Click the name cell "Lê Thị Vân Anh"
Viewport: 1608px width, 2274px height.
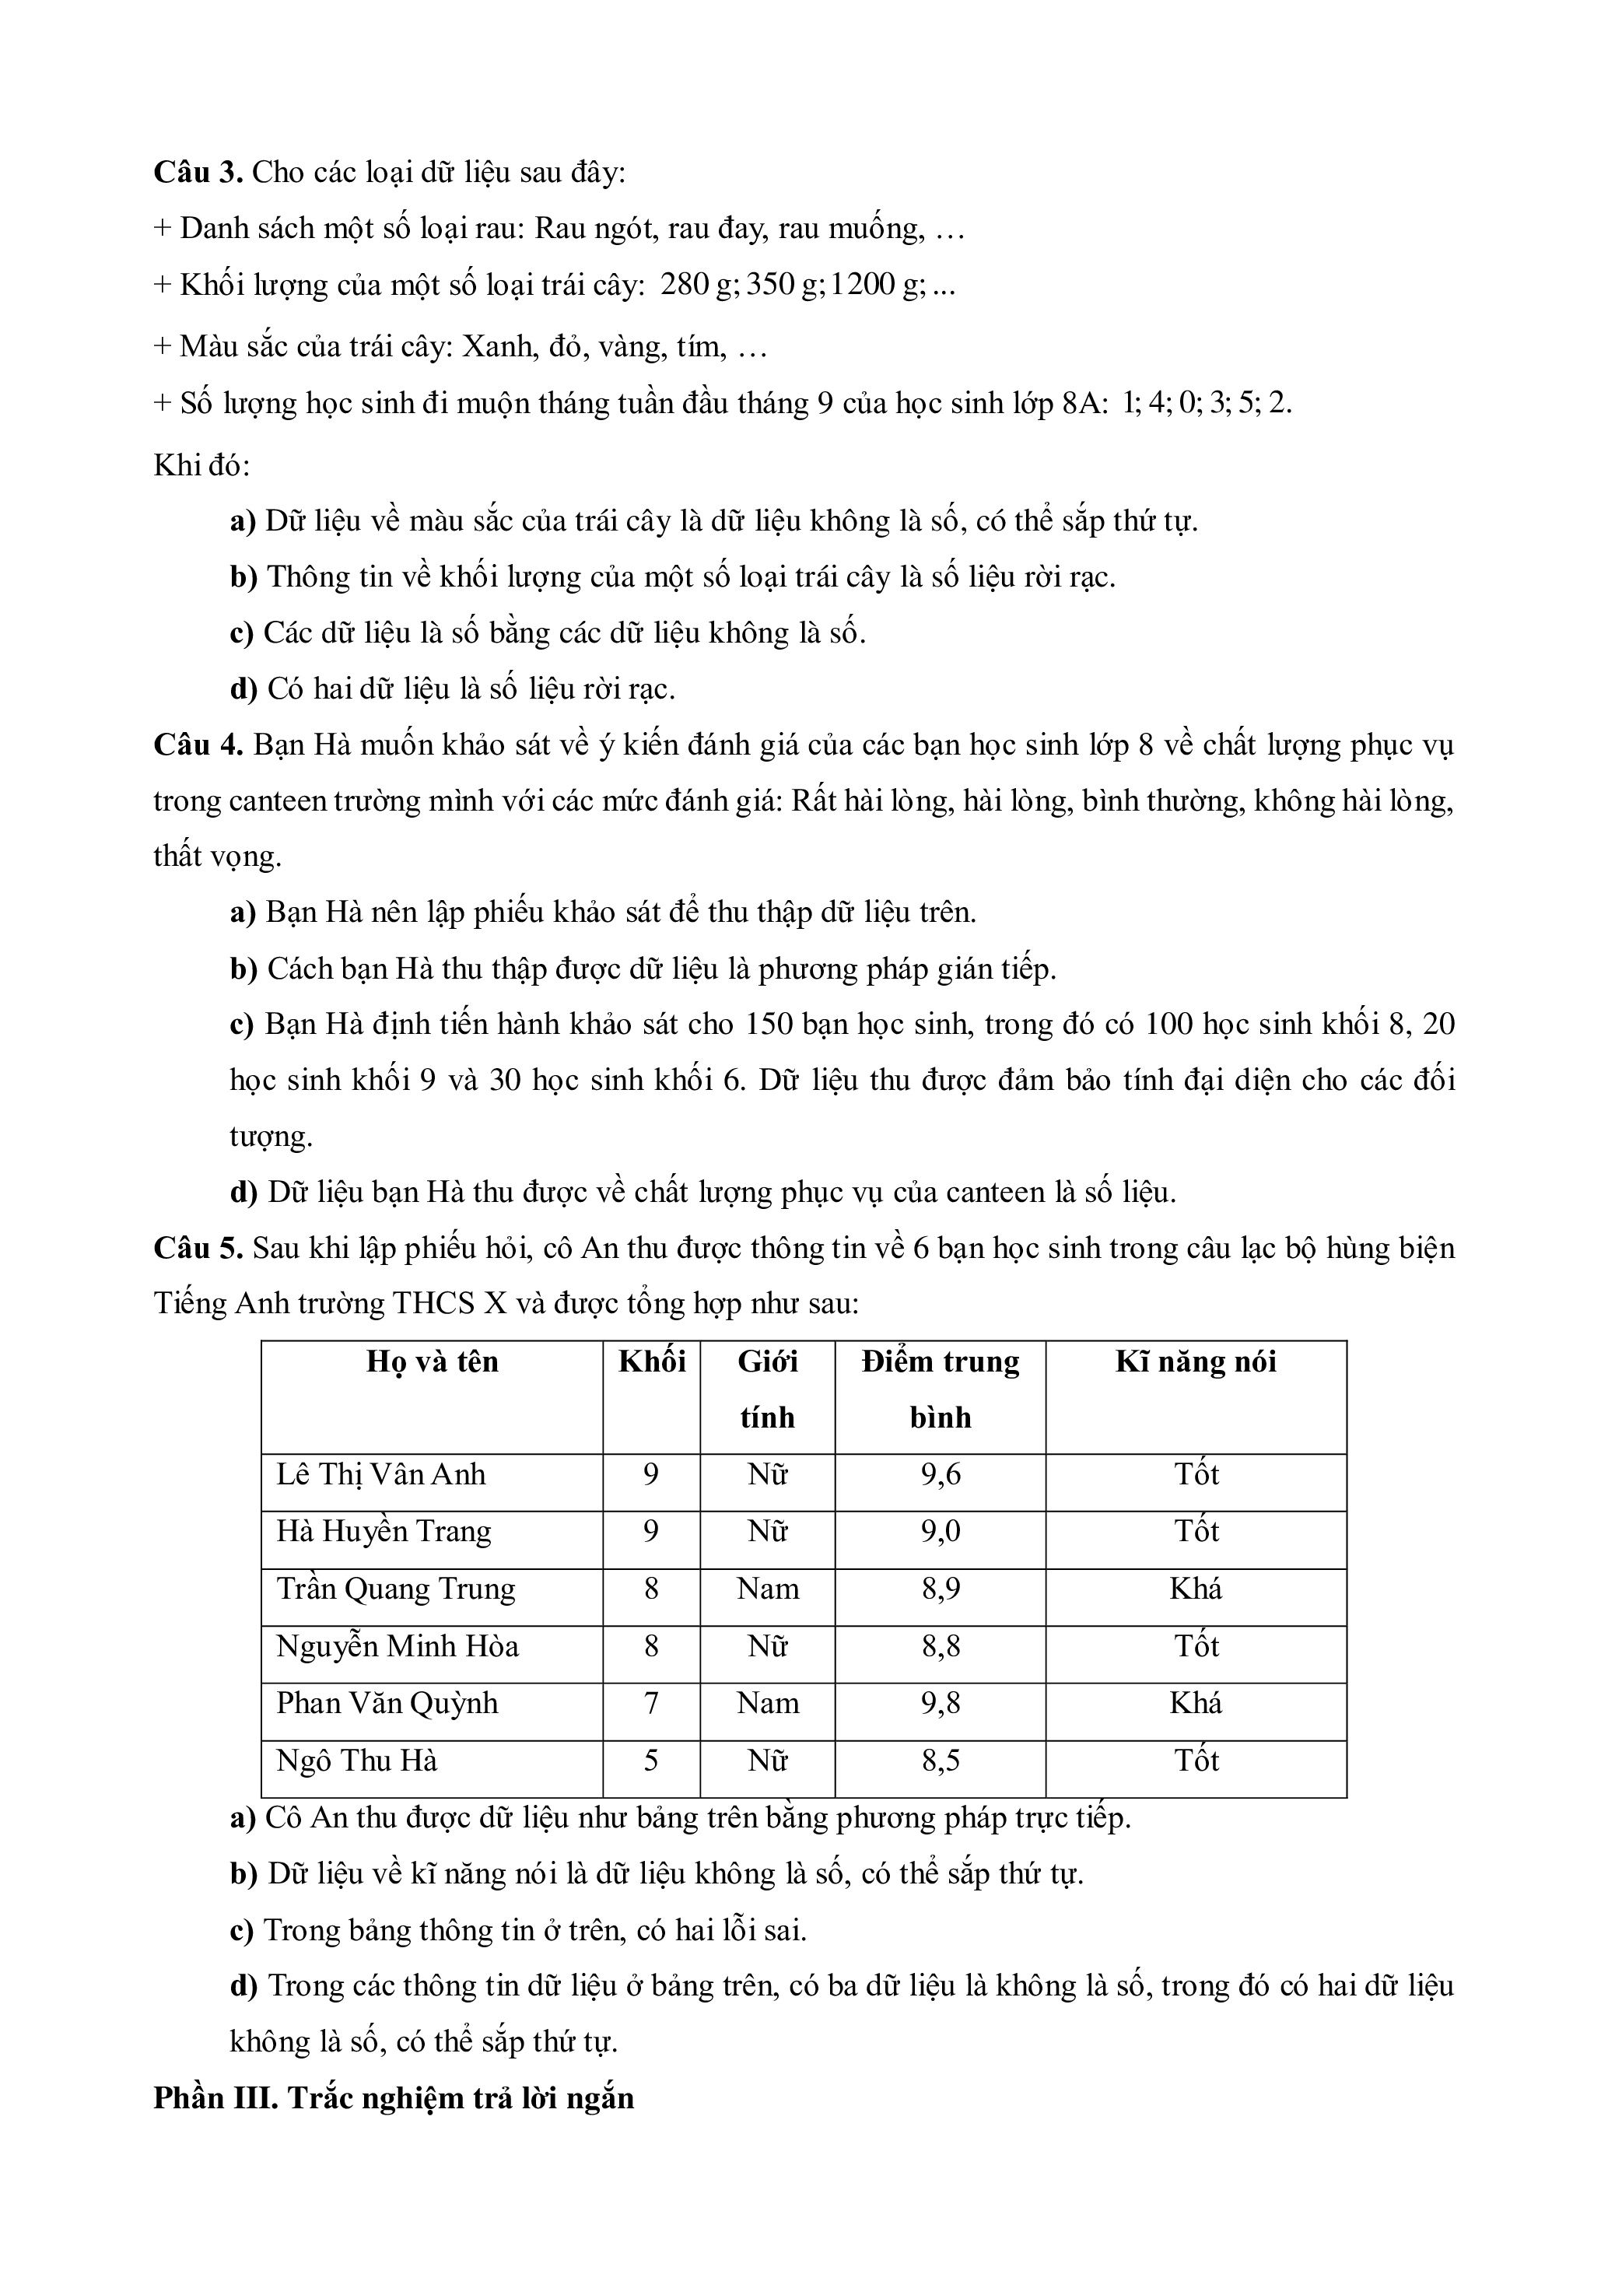click(x=381, y=1475)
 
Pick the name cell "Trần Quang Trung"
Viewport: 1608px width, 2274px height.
click(x=396, y=1589)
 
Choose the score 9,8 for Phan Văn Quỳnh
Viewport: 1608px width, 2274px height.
click(x=940, y=1704)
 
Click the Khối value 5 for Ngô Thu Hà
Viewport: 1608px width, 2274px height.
click(x=650, y=1761)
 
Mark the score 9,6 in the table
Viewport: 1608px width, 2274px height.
click(x=940, y=1475)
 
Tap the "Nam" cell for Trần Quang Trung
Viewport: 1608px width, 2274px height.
click(x=767, y=1589)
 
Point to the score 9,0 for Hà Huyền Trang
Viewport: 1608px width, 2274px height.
click(x=940, y=1532)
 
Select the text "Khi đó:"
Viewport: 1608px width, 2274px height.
click(x=202, y=464)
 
